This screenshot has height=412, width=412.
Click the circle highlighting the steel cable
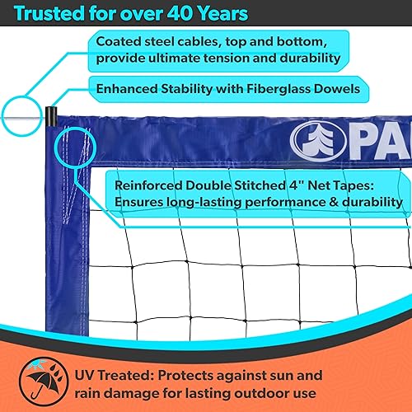point(20,110)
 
